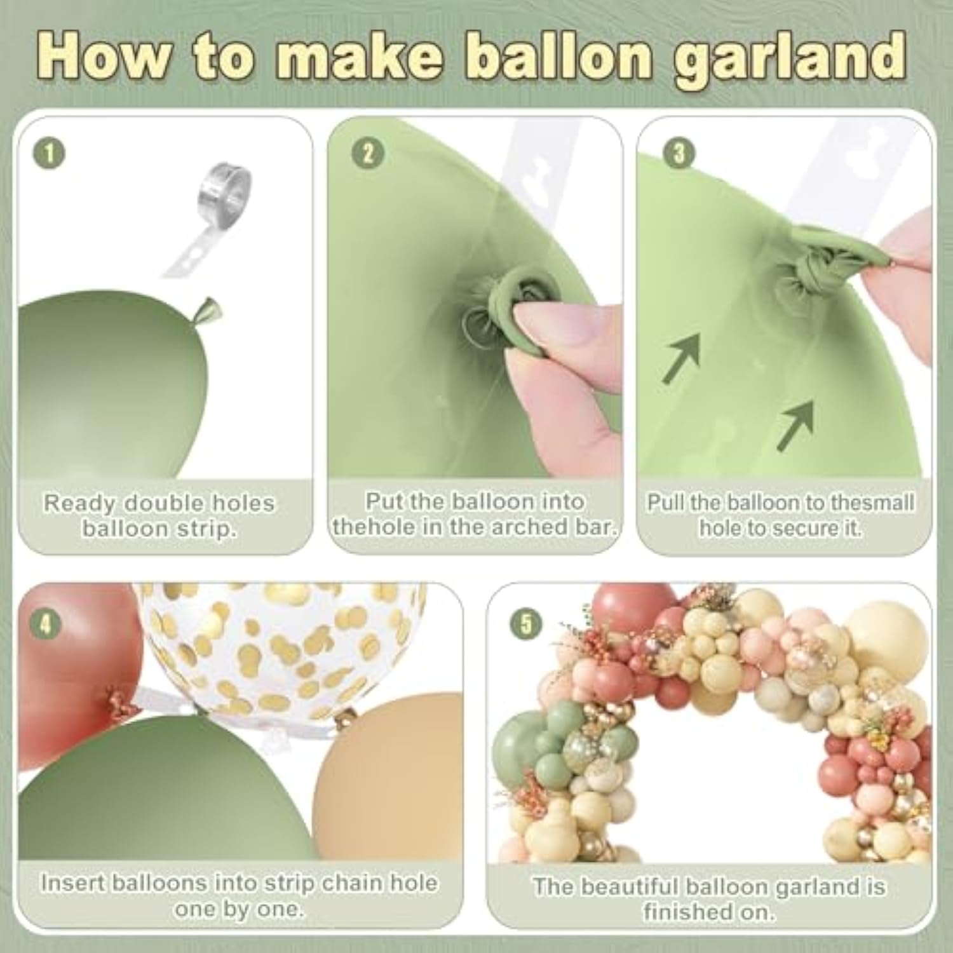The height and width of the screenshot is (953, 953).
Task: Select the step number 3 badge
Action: [x=680, y=154]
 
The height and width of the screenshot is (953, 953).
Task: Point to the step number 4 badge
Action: [x=44, y=625]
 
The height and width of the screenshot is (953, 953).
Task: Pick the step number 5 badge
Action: [x=525, y=625]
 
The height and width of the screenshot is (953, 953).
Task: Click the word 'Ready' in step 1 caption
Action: [x=79, y=503]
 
